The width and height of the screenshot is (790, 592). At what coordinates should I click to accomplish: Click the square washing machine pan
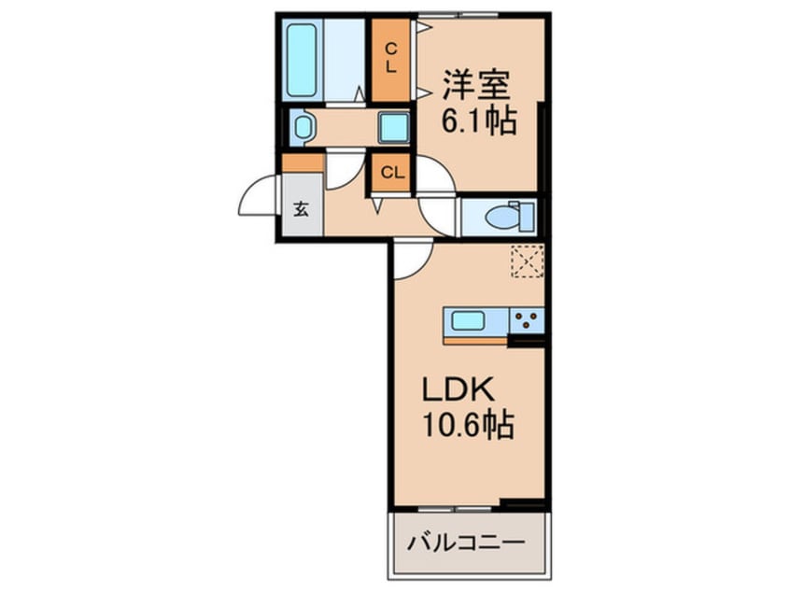point(392,127)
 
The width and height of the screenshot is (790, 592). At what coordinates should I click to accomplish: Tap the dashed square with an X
point(528,261)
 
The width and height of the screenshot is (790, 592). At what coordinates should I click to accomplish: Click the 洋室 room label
point(476,87)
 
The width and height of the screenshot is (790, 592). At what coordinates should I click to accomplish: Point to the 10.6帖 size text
point(464,427)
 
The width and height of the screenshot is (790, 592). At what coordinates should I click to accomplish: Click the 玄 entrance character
point(302,208)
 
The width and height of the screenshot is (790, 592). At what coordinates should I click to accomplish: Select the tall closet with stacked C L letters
point(391,58)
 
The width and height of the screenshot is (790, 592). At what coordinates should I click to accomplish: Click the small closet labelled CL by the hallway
point(392,172)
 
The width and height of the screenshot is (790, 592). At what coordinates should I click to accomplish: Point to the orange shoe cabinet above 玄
point(303,162)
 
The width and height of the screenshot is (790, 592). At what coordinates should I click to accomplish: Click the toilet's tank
point(527,217)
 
